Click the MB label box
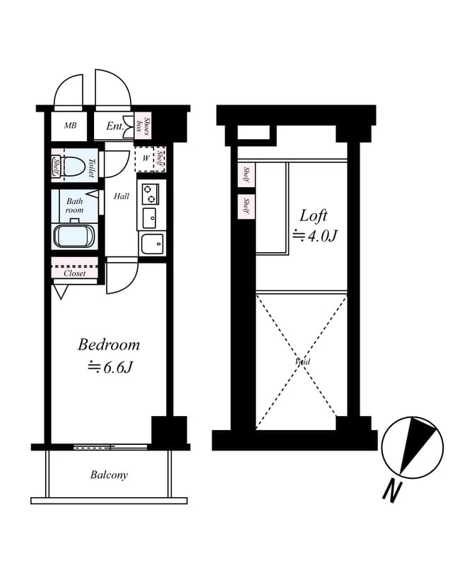pos(70,126)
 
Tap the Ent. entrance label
pos(115,126)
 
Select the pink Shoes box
pos(147,126)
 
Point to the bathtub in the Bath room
pos(73,235)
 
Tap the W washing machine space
pos(146,159)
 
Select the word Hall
pos(122,196)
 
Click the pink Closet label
pos(74,273)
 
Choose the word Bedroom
pos(109,345)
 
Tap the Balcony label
pos(109,475)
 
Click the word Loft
pos(314,215)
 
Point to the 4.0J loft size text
pos(314,236)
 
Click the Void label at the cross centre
pos(302,362)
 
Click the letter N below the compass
pos(391,489)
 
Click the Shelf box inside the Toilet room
pos(57,167)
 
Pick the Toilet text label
pos(93,167)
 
